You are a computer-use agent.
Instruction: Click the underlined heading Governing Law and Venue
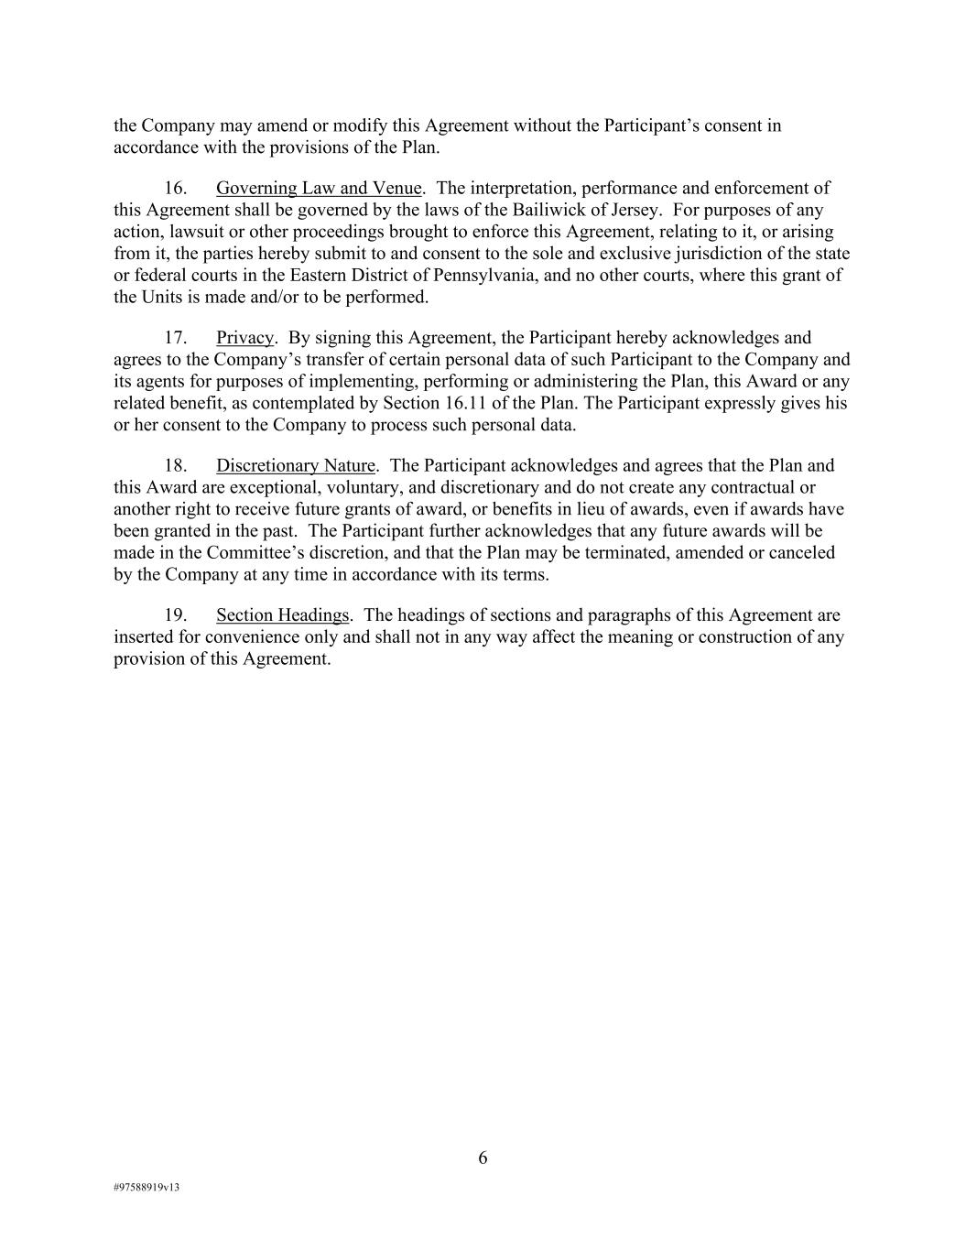click(319, 189)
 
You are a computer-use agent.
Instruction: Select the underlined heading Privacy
click(244, 339)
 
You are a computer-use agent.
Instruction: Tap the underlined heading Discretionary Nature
click(296, 466)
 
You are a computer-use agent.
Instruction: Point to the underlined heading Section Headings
click(283, 615)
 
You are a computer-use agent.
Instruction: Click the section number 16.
click(175, 189)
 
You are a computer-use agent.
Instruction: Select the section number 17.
click(175, 339)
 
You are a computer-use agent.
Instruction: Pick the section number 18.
click(175, 466)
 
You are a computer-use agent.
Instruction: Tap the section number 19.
click(175, 615)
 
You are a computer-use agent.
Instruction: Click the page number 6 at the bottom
click(483, 1158)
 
